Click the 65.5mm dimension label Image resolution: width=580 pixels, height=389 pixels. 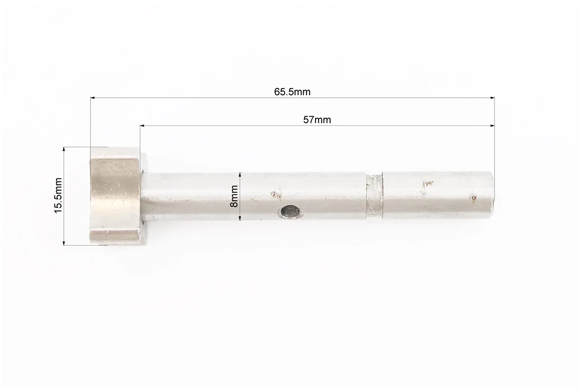coord(292,91)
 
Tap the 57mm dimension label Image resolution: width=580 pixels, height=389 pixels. coord(317,120)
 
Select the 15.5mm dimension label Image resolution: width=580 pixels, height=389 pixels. coord(58,195)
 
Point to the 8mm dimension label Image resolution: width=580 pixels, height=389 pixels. coord(234,196)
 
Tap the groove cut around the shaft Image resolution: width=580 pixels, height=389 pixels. coord(374,196)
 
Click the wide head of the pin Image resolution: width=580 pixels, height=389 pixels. coord(115,196)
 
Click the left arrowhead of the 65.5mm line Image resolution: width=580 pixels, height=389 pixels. coord(93,98)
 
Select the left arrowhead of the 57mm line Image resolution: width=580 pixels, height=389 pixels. coord(142,126)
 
